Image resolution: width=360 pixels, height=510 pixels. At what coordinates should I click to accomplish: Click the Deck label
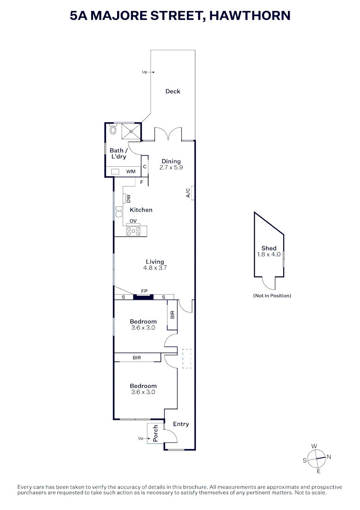click(x=173, y=92)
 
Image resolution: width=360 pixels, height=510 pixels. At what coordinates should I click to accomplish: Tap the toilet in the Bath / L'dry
click(x=113, y=130)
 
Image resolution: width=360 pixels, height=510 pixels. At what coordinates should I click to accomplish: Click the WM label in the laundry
click(x=131, y=171)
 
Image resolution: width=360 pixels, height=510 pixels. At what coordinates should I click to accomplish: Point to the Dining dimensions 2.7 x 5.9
click(x=171, y=168)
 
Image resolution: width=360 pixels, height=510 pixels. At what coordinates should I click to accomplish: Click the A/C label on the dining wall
click(x=188, y=193)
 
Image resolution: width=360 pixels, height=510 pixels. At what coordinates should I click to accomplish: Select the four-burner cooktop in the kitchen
click(x=134, y=231)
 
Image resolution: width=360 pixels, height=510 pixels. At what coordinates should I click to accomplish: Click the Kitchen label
click(x=141, y=210)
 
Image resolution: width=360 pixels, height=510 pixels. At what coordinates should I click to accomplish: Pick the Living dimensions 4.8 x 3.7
click(x=155, y=268)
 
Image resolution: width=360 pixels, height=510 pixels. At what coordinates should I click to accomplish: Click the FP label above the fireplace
click(x=144, y=291)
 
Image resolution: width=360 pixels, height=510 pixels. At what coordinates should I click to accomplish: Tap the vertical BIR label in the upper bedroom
click(x=172, y=314)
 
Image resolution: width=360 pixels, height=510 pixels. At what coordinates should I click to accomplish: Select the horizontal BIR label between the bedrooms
click(x=137, y=358)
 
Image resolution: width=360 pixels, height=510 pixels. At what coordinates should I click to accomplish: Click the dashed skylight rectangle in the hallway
click(x=187, y=358)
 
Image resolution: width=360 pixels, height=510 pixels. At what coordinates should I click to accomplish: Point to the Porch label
click(x=155, y=433)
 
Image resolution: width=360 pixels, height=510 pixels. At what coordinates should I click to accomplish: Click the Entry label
click(x=181, y=424)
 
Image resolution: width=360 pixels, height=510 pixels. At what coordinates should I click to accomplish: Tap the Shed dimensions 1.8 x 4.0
click(x=268, y=255)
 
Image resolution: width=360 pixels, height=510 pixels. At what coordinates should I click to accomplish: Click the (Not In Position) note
click(x=272, y=296)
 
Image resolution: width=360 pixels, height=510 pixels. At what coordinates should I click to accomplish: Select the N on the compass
click(x=329, y=457)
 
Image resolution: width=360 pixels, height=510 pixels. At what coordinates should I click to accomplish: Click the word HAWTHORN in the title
click(x=250, y=16)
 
